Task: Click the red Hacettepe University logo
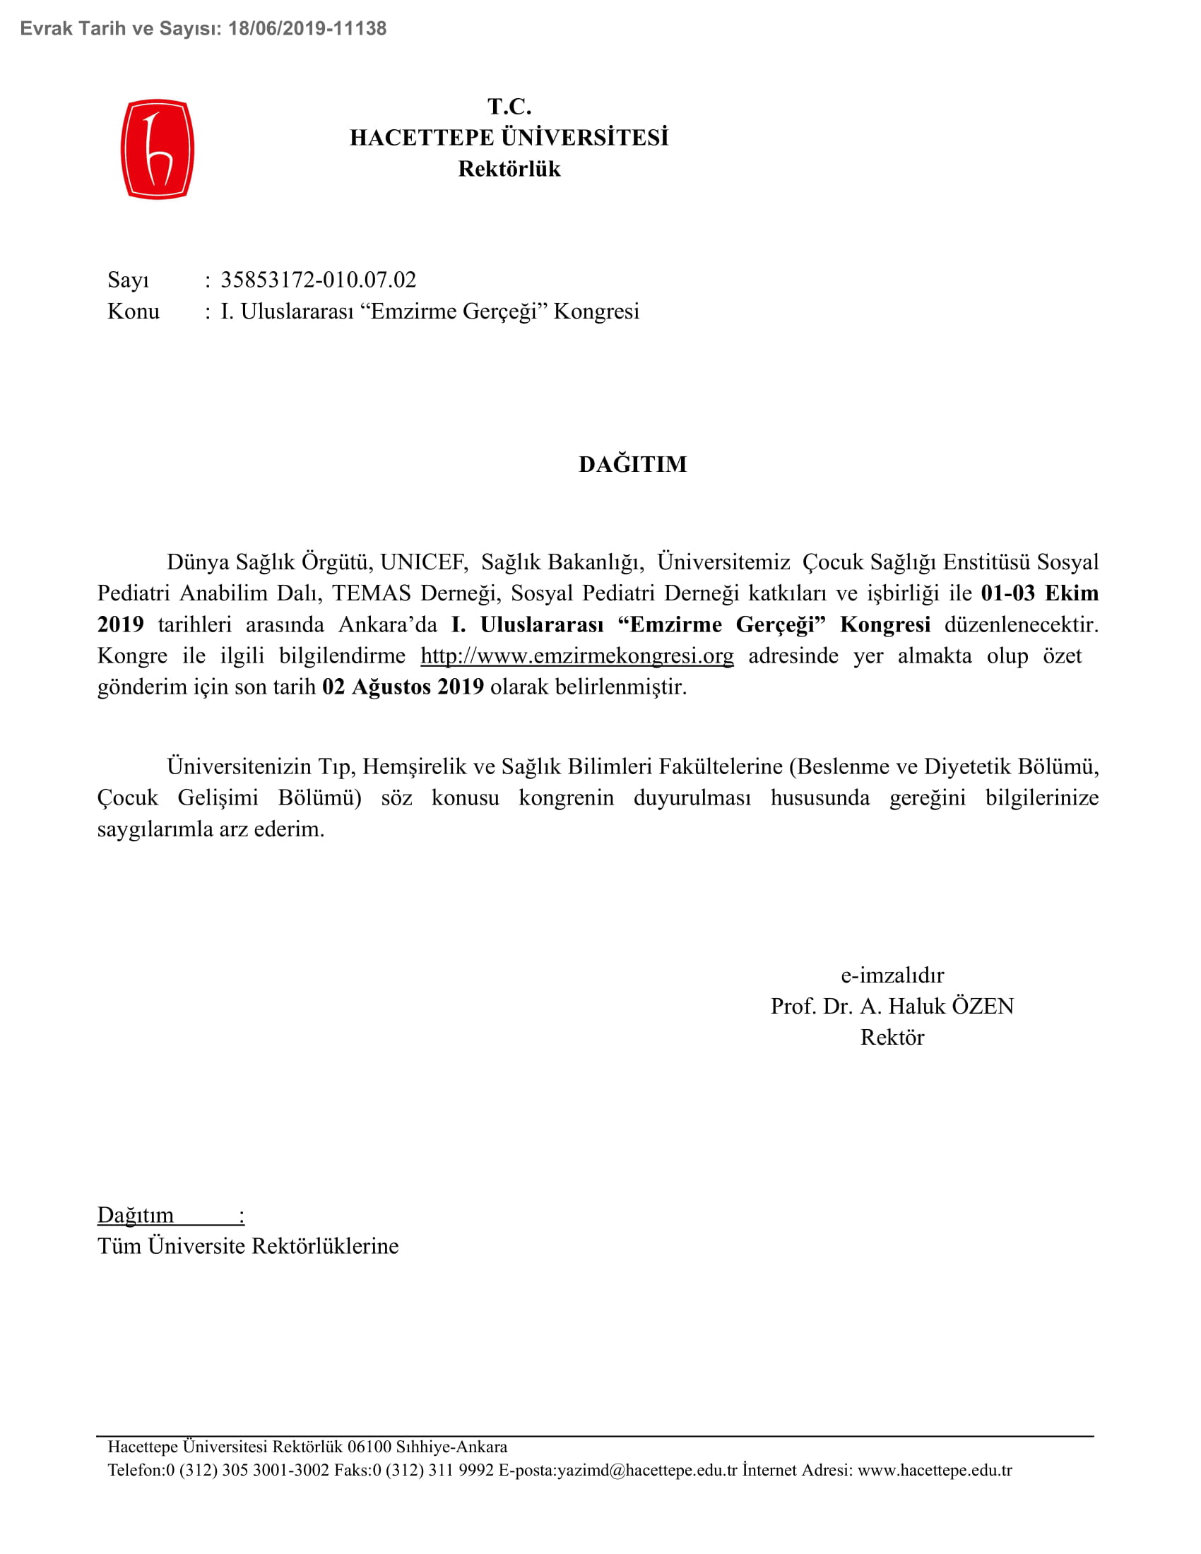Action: pyautogui.click(x=158, y=150)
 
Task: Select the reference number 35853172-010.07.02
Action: pyautogui.click(x=318, y=280)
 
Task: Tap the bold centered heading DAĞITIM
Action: pyautogui.click(x=632, y=465)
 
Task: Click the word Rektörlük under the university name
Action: pyautogui.click(x=509, y=169)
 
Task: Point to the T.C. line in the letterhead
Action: pyautogui.click(x=509, y=107)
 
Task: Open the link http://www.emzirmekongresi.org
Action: pyautogui.click(x=577, y=656)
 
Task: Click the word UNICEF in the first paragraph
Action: pyautogui.click(x=423, y=562)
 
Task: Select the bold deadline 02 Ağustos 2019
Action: pyautogui.click(x=403, y=687)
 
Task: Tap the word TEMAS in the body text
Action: pyautogui.click(x=372, y=593)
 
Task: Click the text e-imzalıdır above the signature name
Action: pyautogui.click(x=892, y=975)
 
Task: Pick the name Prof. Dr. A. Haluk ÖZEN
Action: pyautogui.click(x=892, y=1006)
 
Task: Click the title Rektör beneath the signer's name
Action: pyautogui.click(x=892, y=1038)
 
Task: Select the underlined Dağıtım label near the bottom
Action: pyautogui.click(x=136, y=1215)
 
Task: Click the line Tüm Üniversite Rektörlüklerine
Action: pyautogui.click(x=248, y=1246)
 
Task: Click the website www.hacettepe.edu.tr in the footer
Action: pyautogui.click(x=934, y=1470)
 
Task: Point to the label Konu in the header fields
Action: pyautogui.click(x=133, y=311)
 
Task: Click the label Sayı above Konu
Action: pyautogui.click(x=128, y=280)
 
